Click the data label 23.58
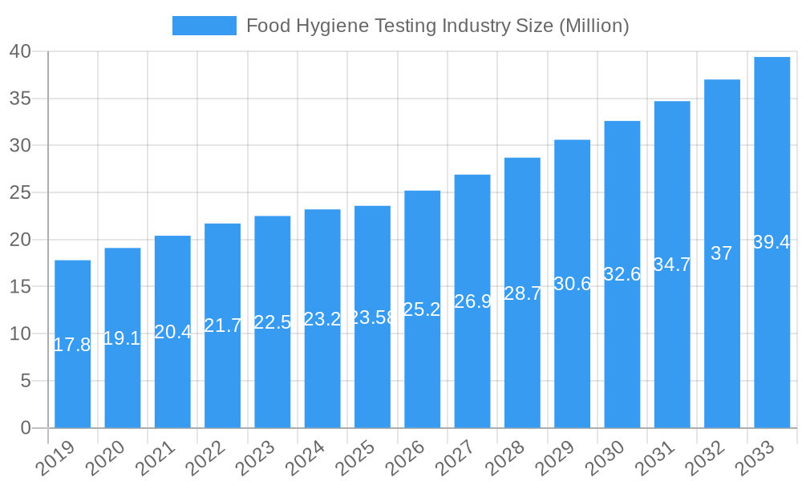(373, 317)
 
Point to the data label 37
(722, 253)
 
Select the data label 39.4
(772, 242)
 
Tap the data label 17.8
(72, 345)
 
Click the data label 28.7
(522, 293)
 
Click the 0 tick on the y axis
(26, 428)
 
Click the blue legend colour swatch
(205, 26)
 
